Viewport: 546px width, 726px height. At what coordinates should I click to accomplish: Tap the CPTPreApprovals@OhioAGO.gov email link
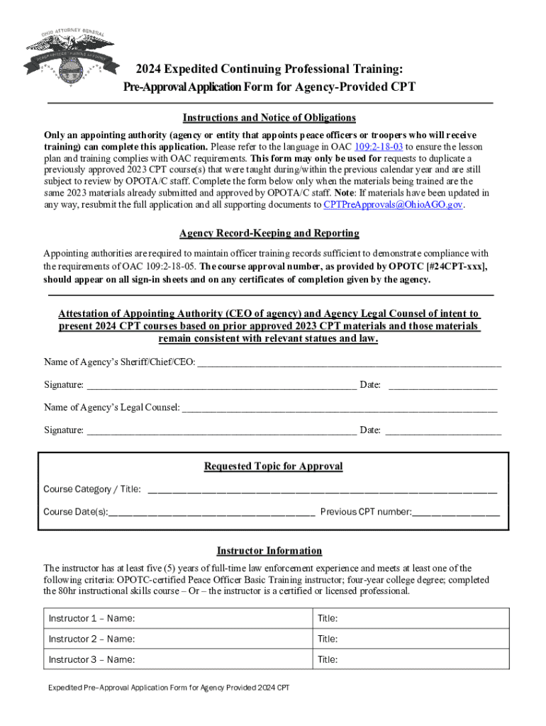[x=393, y=204]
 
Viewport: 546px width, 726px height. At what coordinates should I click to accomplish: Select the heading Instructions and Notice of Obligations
[x=269, y=118]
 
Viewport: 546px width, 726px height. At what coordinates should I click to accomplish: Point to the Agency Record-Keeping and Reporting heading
[x=269, y=233]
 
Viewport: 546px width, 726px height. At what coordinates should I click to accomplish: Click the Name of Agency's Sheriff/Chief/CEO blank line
[x=348, y=363]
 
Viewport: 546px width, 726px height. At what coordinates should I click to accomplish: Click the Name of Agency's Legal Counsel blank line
[x=340, y=408]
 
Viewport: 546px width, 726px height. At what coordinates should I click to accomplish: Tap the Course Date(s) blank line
[x=211, y=512]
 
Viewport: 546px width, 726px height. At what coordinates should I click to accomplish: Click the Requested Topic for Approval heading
[x=273, y=467]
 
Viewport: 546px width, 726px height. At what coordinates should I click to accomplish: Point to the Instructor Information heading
[x=269, y=551]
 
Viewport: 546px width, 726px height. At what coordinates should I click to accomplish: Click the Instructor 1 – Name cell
[x=178, y=618]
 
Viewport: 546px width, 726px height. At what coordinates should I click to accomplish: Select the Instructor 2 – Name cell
[x=178, y=639]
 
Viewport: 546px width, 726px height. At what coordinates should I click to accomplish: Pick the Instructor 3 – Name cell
[x=178, y=659]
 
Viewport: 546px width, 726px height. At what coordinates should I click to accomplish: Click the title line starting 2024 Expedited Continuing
[x=269, y=69]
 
